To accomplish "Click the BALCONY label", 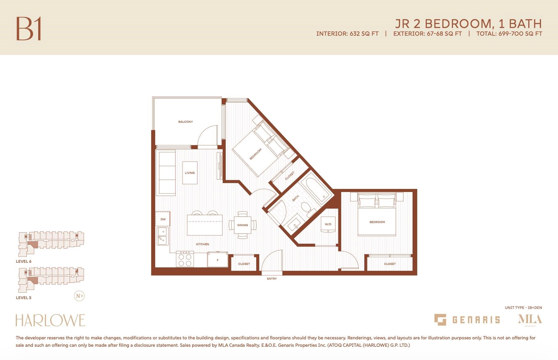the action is [x=185, y=122].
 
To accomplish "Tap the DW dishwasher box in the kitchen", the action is [x=163, y=219].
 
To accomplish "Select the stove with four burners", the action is [x=185, y=259].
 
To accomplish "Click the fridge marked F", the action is [x=217, y=260].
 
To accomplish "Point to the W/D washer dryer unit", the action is [x=328, y=225].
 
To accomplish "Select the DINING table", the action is [x=243, y=225].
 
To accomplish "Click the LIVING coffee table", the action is [x=190, y=173].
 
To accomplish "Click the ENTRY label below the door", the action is [x=272, y=279].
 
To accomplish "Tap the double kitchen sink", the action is [x=163, y=236].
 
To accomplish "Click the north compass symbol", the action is [x=79, y=296].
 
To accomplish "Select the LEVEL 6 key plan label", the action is [x=24, y=262].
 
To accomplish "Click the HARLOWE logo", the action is [x=50, y=320].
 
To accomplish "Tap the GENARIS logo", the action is [x=467, y=320].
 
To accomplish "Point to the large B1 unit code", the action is [x=29, y=29].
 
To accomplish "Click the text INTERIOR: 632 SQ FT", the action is [x=347, y=34].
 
